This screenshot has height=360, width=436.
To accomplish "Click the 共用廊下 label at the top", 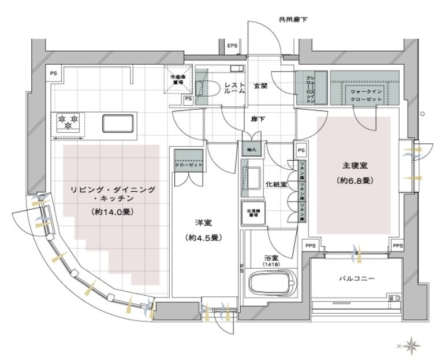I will point(293,20).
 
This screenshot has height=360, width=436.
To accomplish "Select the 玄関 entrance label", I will point(260,86).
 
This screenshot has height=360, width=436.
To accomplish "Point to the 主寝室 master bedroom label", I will point(353,166).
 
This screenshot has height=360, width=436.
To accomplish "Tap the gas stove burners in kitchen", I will point(69,123).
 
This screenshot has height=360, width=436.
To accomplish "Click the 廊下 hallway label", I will point(258,120).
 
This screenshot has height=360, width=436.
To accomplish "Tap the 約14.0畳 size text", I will point(113,211).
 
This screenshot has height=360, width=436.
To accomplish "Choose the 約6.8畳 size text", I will point(353,181).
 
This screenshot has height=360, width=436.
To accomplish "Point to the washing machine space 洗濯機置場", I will point(254,212).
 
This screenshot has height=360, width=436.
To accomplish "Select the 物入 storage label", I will point(253,149).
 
